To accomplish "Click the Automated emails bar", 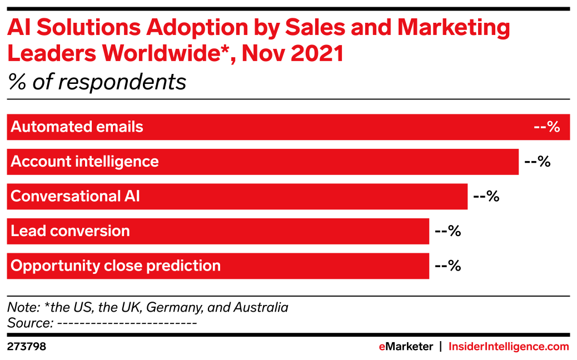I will point(334,127).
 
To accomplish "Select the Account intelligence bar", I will point(334,162).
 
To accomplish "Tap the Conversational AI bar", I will point(306,197).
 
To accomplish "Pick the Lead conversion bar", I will point(278,231).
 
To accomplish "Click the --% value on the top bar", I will point(546,127).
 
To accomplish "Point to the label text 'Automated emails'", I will point(77,127).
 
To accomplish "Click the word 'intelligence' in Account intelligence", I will point(117,162).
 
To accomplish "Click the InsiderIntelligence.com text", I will point(509,347).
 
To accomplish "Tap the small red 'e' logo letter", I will point(382,347).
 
